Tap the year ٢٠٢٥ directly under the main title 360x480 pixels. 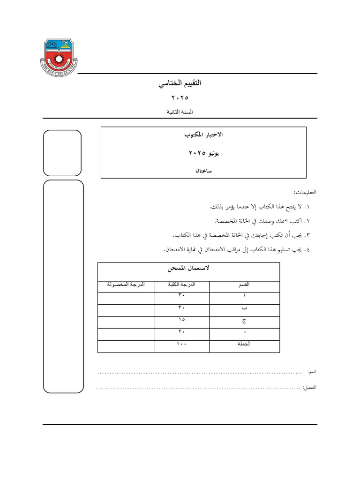tap(180, 98)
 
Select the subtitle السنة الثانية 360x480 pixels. tap(180, 112)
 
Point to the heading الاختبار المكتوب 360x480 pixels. tap(203, 135)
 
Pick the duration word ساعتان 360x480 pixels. tap(203, 171)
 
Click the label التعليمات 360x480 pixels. tap(305, 192)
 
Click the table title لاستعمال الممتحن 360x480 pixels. tap(188, 269)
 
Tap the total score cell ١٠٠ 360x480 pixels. tap(181, 345)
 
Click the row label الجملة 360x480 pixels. tap(244, 345)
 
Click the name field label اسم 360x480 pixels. tap(312, 372)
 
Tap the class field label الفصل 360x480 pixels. tap(310, 388)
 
